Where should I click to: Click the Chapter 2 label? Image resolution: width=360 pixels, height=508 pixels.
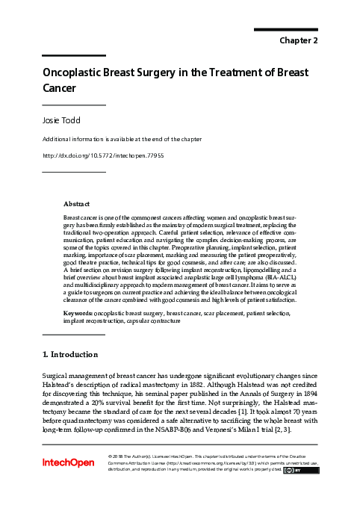click(x=300, y=40)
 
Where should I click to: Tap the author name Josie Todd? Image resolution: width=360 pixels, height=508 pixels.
click(x=62, y=120)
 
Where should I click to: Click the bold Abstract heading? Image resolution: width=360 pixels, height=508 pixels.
click(x=77, y=203)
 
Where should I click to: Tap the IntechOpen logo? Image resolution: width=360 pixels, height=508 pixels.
click(x=69, y=462)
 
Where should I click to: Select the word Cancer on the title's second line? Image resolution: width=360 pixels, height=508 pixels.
click(x=59, y=88)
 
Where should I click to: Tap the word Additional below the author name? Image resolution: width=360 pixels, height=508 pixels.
click(x=57, y=139)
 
